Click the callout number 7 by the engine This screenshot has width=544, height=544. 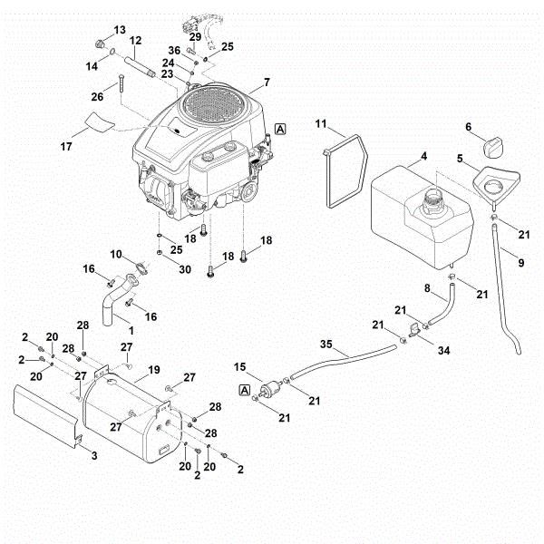click(x=267, y=83)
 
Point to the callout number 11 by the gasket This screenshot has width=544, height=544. click(x=321, y=123)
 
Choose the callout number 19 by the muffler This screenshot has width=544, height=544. click(x=154, y=370)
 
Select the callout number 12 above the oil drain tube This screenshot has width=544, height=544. click(x=135, y=41)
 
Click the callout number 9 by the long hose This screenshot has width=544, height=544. click(x=520, y=263)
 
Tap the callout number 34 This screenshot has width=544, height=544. click(x=443, y=349)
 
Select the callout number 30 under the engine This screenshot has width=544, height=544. click(x=185, y=269)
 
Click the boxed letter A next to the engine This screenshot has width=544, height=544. click(x=281, y=129)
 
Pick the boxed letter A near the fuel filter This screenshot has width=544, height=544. click(x=243, y=390)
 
